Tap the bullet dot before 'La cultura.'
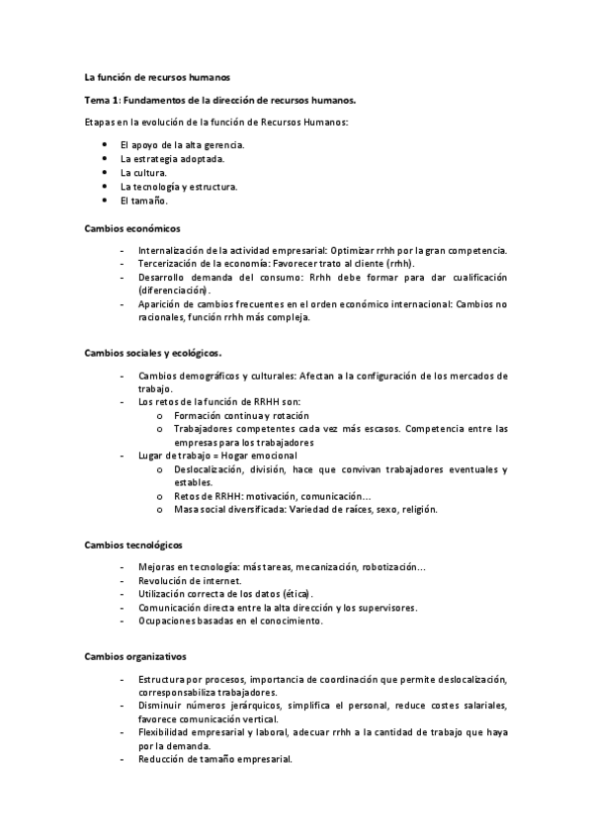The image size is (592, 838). [x=105, y=172]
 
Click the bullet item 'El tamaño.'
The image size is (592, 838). [x=143, y=200]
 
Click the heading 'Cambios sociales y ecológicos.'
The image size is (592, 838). [x=153, y=353]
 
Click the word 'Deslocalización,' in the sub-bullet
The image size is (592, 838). [x=214, y=468]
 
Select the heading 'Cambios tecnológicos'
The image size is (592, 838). [x=132, y=545]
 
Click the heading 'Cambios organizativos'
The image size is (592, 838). [x=133, y=656]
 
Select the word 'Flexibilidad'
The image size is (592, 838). [x=167, y=732]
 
